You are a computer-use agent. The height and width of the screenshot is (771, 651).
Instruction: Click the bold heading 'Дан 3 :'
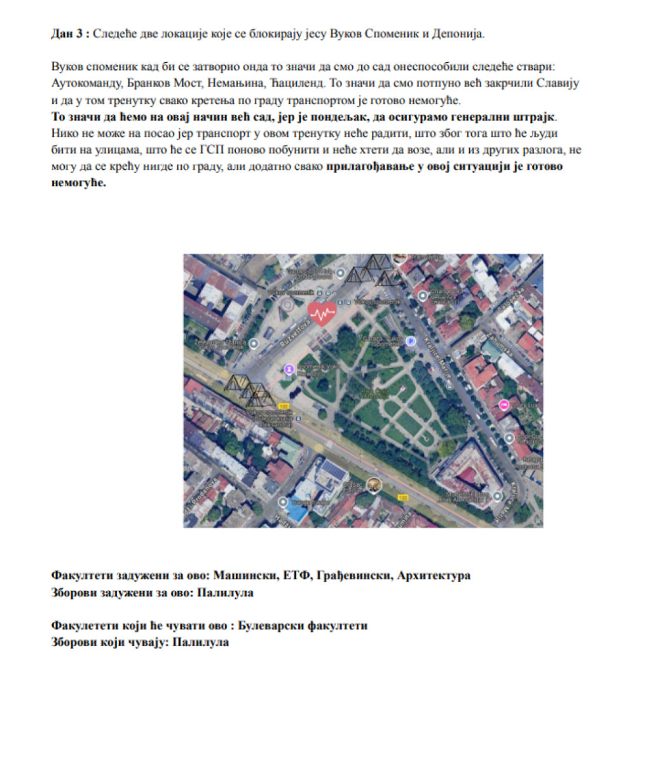(x=70, y=34)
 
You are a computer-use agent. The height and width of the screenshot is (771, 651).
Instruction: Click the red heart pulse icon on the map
(x=322, y=313)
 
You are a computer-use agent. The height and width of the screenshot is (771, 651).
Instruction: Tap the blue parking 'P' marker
(x=411, y=341)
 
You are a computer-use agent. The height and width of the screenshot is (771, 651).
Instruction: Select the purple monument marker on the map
(x=289, y=368)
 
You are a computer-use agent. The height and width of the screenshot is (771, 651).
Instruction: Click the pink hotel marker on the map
(x=504, y=405)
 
